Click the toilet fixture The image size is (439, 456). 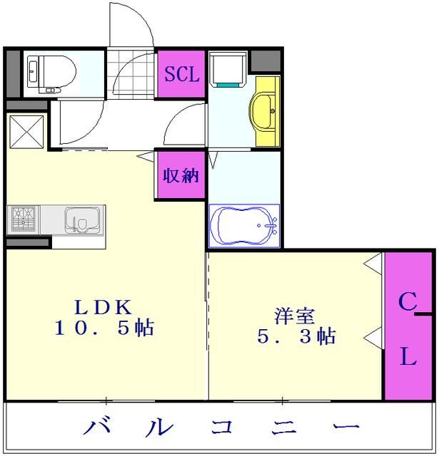pos(51,72)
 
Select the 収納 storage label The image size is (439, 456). pos(181,175)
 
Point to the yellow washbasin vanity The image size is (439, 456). pos(265,110)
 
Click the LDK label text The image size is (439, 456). pos(104,306)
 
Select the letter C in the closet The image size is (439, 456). pos(407,304)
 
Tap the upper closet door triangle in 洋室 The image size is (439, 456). pos(373,264)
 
